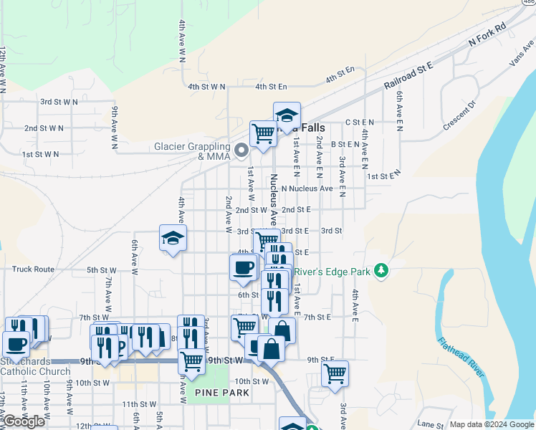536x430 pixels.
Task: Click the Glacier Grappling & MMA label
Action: coord(194,151)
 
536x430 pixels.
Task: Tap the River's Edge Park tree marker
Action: coord(383,270)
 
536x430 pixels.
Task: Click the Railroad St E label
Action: coord(409,75)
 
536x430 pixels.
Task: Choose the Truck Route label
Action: coord(33,269)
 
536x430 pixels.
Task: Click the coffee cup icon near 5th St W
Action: coord(243,268)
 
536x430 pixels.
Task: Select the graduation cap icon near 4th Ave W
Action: coord(173,239)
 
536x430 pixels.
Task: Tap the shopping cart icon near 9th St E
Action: coord(335,373)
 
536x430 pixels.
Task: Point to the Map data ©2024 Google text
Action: coord(492,424)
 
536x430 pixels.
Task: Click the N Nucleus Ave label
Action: coord(307,188)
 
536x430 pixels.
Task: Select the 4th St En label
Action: coord(340,70)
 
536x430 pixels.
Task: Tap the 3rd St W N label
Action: coord(59,102)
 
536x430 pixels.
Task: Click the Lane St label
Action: coord(431,424)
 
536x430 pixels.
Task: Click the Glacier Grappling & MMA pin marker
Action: coord(241,150)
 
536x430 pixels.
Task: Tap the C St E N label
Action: coord(360,123)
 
